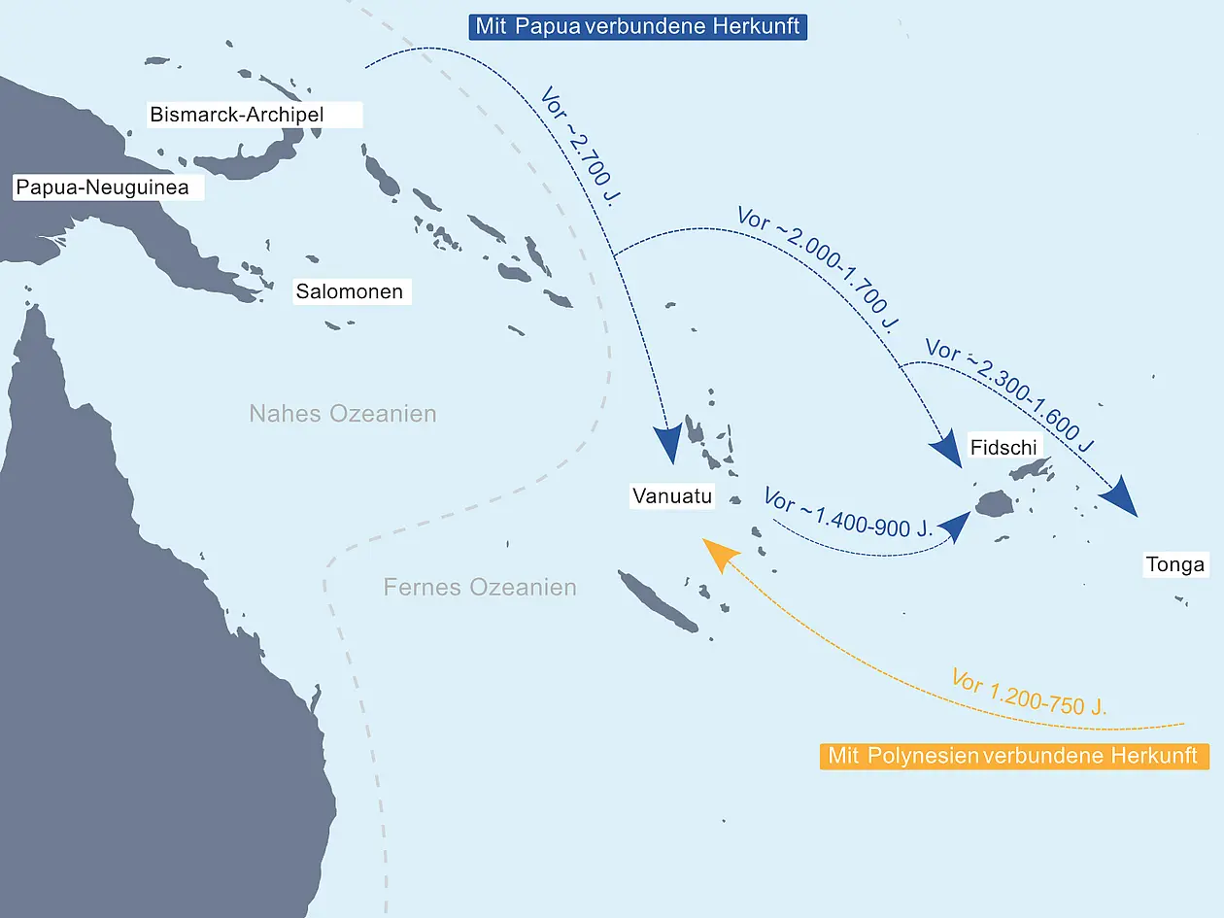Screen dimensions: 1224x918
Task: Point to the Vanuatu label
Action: pos(672,495)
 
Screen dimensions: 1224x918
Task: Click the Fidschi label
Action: pos(1003,447)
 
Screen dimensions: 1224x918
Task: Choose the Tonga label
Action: pos(1175,564)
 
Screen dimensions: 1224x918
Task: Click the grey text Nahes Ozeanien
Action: pos(342,414)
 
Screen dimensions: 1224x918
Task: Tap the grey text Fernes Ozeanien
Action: pos(480,587)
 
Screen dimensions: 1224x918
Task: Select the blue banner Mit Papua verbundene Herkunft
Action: pos(638,27)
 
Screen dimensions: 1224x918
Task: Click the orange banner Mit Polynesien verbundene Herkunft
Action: pos(1014,757)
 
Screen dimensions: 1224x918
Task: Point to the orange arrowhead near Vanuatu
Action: pos(720,554)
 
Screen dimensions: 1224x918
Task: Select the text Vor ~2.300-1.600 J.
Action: pos(1010,394)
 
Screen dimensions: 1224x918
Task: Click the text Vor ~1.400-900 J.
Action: pos(848,513)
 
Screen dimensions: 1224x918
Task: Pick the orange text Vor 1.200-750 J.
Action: pos(1029,692)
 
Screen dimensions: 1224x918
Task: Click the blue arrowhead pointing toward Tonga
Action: pos(1119,497)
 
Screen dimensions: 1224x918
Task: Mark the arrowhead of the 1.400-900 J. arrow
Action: pos(955,526)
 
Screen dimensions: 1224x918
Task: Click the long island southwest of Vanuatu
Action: pos(657,601)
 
